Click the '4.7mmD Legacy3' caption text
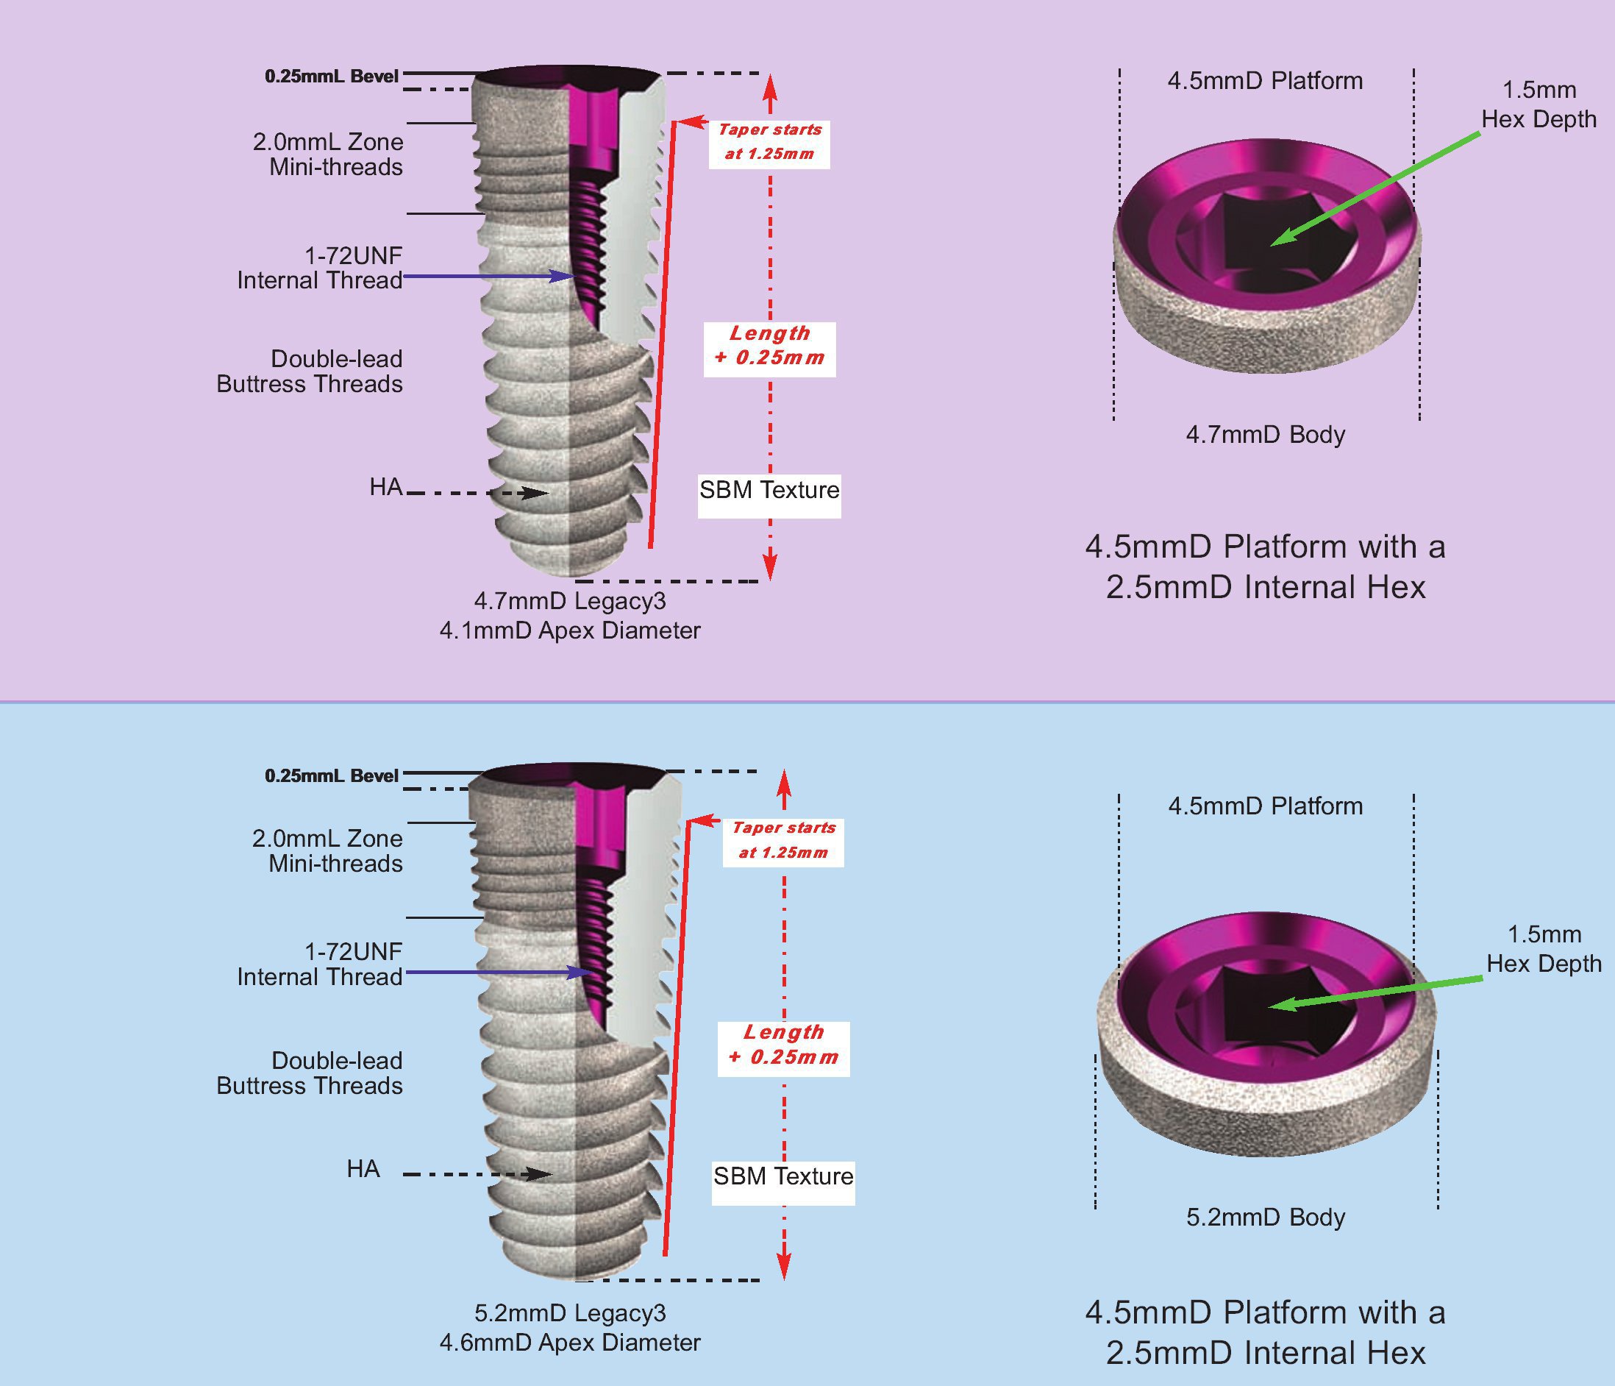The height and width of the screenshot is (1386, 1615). (x=570, y=601)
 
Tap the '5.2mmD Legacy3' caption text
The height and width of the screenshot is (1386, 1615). (x=570, y=1312)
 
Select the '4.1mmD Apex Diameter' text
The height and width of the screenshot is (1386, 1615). (x=570, y=630)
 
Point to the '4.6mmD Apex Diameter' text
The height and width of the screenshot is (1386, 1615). (x=570, y=1343)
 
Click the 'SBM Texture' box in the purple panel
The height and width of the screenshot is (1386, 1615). (x=769, y=490)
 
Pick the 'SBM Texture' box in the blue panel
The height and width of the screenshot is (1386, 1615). (x=783, y=1176)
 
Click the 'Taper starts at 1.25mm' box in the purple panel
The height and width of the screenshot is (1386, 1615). (x=769, y=142)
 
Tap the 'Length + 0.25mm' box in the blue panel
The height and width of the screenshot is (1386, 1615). (x=783, y=1045)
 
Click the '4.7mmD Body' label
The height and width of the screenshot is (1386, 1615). (x=1265, y=435)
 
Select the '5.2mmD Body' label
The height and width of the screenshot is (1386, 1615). (x=1265, y=1217)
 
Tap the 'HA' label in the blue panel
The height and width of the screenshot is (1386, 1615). (x=363, y=1168)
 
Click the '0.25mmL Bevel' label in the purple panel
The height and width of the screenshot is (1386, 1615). (x=332, y=77)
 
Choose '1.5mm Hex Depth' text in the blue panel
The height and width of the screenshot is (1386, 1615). (x=1543, y=949)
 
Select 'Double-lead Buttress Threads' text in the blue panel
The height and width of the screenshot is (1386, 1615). (x=310, y=1073)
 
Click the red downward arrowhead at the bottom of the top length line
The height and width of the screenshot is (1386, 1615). (x=770, y=566)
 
